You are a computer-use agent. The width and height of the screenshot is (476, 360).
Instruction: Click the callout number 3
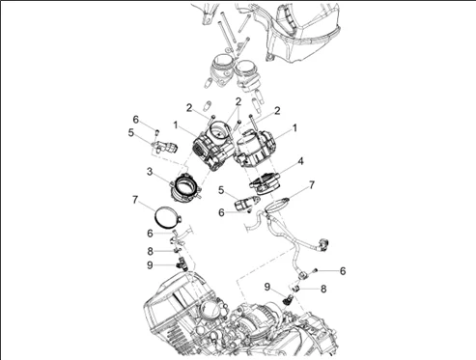[150, 172]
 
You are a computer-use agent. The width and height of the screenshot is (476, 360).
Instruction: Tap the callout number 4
[300, 161]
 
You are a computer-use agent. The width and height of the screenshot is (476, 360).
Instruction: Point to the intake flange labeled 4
[265, 184]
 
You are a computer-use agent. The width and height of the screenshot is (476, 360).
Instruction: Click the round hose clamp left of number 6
[168, 217]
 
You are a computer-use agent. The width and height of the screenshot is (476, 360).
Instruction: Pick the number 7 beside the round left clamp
[135, 200]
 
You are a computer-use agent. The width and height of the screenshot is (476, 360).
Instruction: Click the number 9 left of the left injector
[150, 265]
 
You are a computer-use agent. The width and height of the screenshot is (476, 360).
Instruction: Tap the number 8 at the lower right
[323, 289]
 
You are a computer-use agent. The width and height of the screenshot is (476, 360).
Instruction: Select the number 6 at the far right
[343, 271]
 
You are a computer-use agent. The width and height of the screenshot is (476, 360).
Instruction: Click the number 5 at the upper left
[130, 133]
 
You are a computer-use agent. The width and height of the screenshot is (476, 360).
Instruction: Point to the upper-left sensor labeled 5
[164, 147]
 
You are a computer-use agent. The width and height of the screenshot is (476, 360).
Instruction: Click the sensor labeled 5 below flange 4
[247, 204]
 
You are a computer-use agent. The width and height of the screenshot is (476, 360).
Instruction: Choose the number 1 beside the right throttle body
[294, 128]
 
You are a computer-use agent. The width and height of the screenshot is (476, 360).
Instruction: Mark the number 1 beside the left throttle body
[176, 125]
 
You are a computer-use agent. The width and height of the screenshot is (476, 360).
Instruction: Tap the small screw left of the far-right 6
[316, 271]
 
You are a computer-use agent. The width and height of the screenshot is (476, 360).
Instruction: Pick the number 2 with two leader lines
[238, 101]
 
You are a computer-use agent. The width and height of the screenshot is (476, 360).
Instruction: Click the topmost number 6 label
[136, 120]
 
